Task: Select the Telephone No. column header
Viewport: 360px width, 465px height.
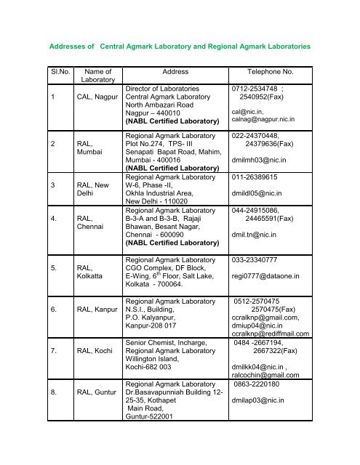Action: click(271, 73)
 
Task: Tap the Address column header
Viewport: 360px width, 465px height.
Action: click(167, 73)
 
